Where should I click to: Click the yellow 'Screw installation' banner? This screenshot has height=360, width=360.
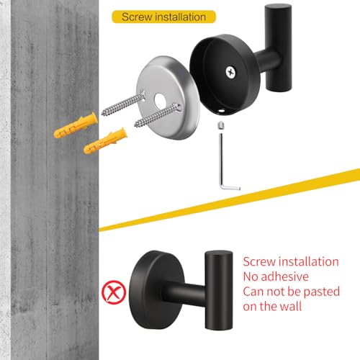tap(163, 17)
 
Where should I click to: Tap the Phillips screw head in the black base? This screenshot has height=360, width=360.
tap(231, 72)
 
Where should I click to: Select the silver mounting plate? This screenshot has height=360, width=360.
tap(168, 98)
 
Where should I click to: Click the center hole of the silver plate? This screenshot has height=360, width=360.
tap(160, 101)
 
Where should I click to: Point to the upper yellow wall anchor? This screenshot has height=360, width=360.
tap(76, 125)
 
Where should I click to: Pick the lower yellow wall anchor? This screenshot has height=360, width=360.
tap(105, 141)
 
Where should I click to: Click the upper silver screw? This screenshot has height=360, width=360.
tap(123, 103)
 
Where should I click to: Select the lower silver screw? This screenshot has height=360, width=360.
tap(158, 114)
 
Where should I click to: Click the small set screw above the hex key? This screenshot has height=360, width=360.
tap(220, 125)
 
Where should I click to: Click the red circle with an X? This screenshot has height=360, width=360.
tap(114, 292)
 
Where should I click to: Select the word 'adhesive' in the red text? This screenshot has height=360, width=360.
tap(284, 276)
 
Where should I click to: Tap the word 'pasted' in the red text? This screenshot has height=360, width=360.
tap(321, 292)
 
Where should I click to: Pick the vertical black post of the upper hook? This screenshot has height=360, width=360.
tap(279, 48)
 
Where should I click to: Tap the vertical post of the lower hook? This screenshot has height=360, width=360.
tap(219, 290)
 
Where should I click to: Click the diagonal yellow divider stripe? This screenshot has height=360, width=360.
tap(229, 200)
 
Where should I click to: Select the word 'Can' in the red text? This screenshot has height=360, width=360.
tap(253, 292)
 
